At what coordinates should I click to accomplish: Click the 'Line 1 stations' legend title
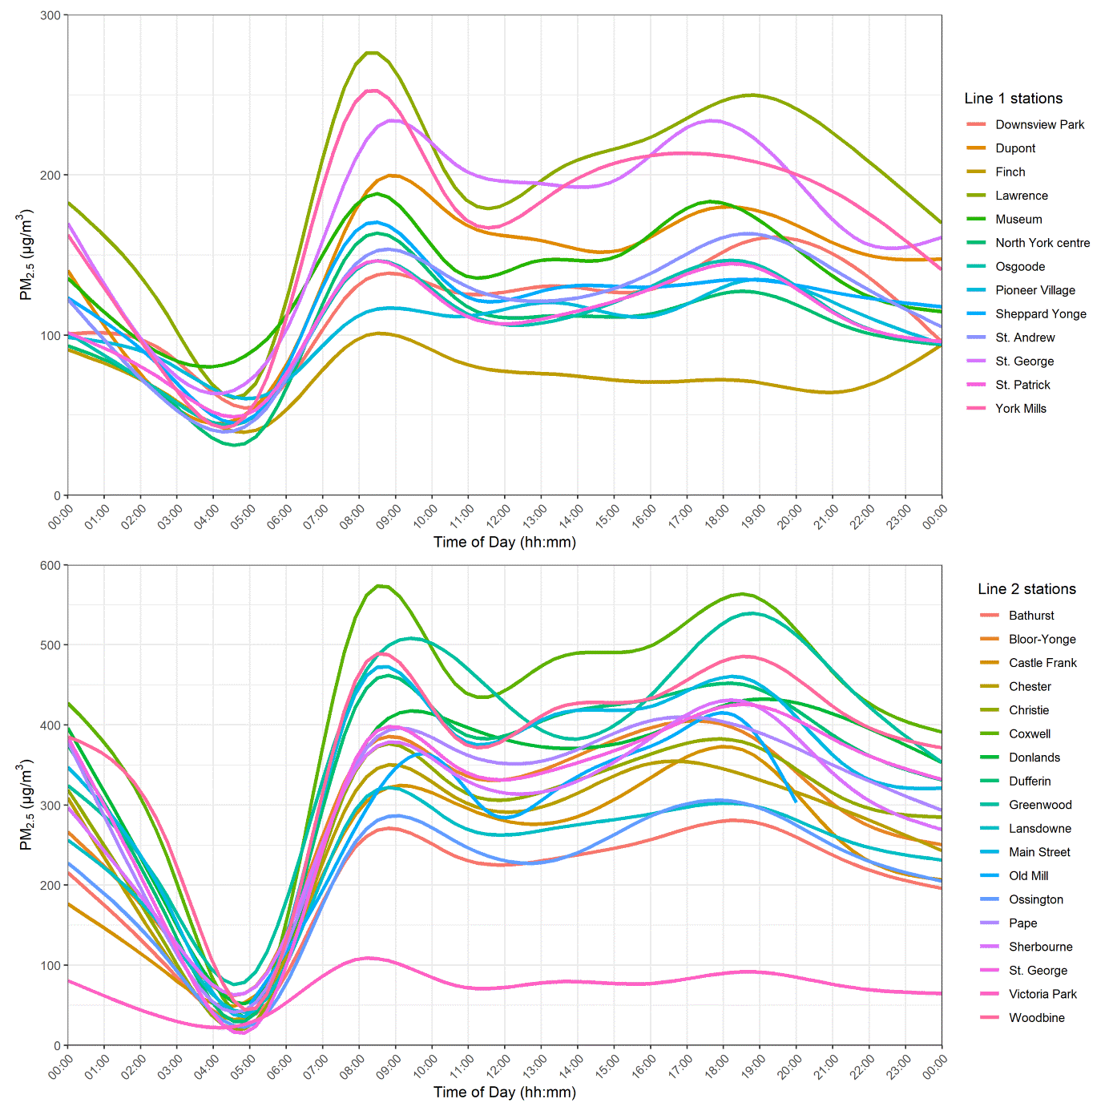point(1013,99)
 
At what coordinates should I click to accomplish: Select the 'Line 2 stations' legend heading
point(1026,589)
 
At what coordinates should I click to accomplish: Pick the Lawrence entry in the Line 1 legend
point(1021,196)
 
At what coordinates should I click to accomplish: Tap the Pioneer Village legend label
point(1034,290)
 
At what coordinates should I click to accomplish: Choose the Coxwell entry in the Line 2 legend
point(1029,733)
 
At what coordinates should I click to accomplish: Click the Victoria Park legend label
point(1042,994)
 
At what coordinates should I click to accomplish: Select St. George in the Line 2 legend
point(1038,970)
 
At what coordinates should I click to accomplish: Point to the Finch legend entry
point(1010,172)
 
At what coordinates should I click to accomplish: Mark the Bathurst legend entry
point(1030,616)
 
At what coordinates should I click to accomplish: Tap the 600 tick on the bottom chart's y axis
point(50,565)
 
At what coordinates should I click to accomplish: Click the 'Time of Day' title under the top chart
point(504,542)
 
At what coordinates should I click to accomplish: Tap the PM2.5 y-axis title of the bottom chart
point(26,806)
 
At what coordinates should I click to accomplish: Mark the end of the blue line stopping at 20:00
point(795,801)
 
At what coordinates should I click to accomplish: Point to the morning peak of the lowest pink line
point(368,958)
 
